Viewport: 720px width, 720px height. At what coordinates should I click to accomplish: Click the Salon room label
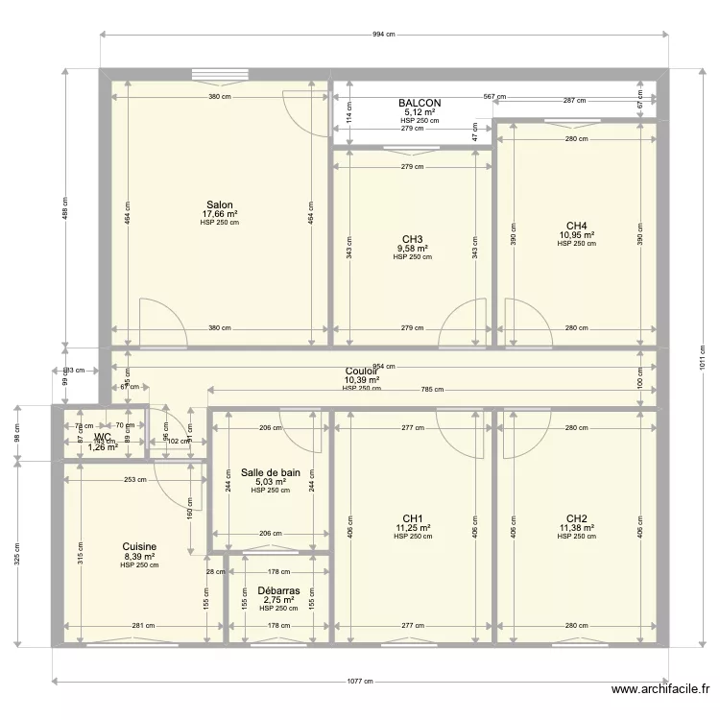click(x=220, y=204)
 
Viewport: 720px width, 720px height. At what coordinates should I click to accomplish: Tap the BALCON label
click(x=420, y=103)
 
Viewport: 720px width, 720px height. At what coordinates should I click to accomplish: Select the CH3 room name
click(x=413, y=239)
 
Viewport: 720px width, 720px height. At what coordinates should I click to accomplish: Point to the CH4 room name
click(x=577, y=226)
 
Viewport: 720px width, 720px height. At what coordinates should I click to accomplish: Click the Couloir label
click(x=361, y=371)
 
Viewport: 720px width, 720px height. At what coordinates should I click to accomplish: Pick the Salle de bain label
click(x=271, y=472)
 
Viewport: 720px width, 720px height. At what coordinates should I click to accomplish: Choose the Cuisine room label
click(x=139, y=547)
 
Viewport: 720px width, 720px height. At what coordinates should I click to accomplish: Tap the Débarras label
click(x=278, y=591)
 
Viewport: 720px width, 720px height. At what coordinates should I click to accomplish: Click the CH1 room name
click(x=413, y=518)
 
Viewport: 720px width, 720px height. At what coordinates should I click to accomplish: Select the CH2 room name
click(x=577, y=518)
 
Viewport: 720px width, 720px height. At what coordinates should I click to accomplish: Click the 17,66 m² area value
click(x=220, y=214)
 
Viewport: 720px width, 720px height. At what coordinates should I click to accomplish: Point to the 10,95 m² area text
click(x=577, y=235)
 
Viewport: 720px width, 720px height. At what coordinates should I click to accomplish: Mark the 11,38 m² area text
click(x=577, y=528)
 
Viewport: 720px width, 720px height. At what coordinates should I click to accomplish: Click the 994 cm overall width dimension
click(x=383, y=35)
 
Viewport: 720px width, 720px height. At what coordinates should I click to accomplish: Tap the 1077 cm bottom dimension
click(x=360, y=682)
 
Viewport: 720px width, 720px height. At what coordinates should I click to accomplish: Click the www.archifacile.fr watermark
click(x=661, y=689)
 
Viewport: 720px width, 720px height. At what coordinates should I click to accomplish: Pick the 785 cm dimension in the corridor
click(x=432, y=390)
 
